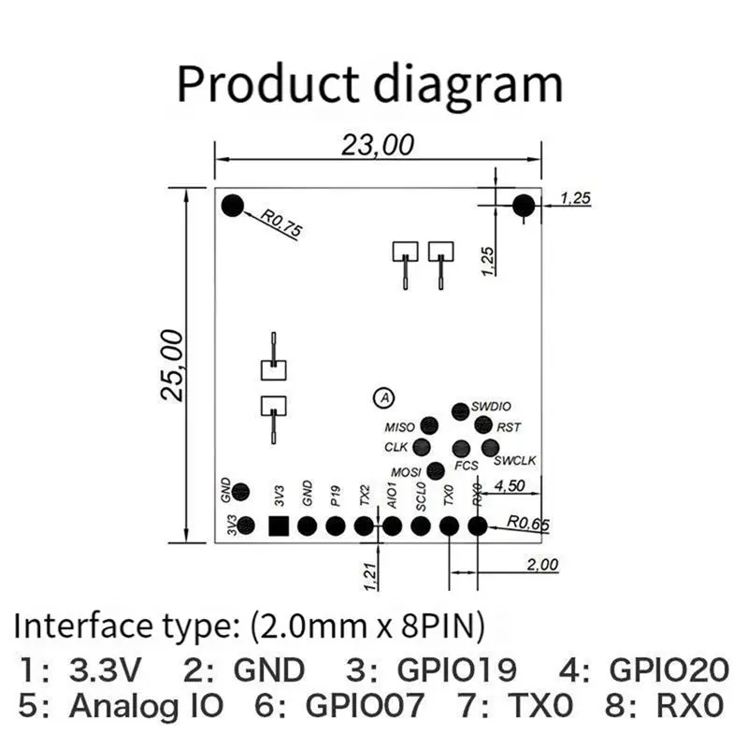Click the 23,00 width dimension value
378,145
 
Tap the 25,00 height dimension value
172,366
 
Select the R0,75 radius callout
281,223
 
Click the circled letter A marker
384,397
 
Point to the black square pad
279,526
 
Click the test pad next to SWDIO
460,411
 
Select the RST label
509,427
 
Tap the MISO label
400,427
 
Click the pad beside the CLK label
422,447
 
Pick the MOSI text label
406,472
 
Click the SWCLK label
515,460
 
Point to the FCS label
466,465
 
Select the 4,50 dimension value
510,485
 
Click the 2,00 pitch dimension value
542,565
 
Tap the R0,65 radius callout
528,524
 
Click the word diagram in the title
467,84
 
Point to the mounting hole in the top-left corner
233,206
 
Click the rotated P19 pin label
336,496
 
